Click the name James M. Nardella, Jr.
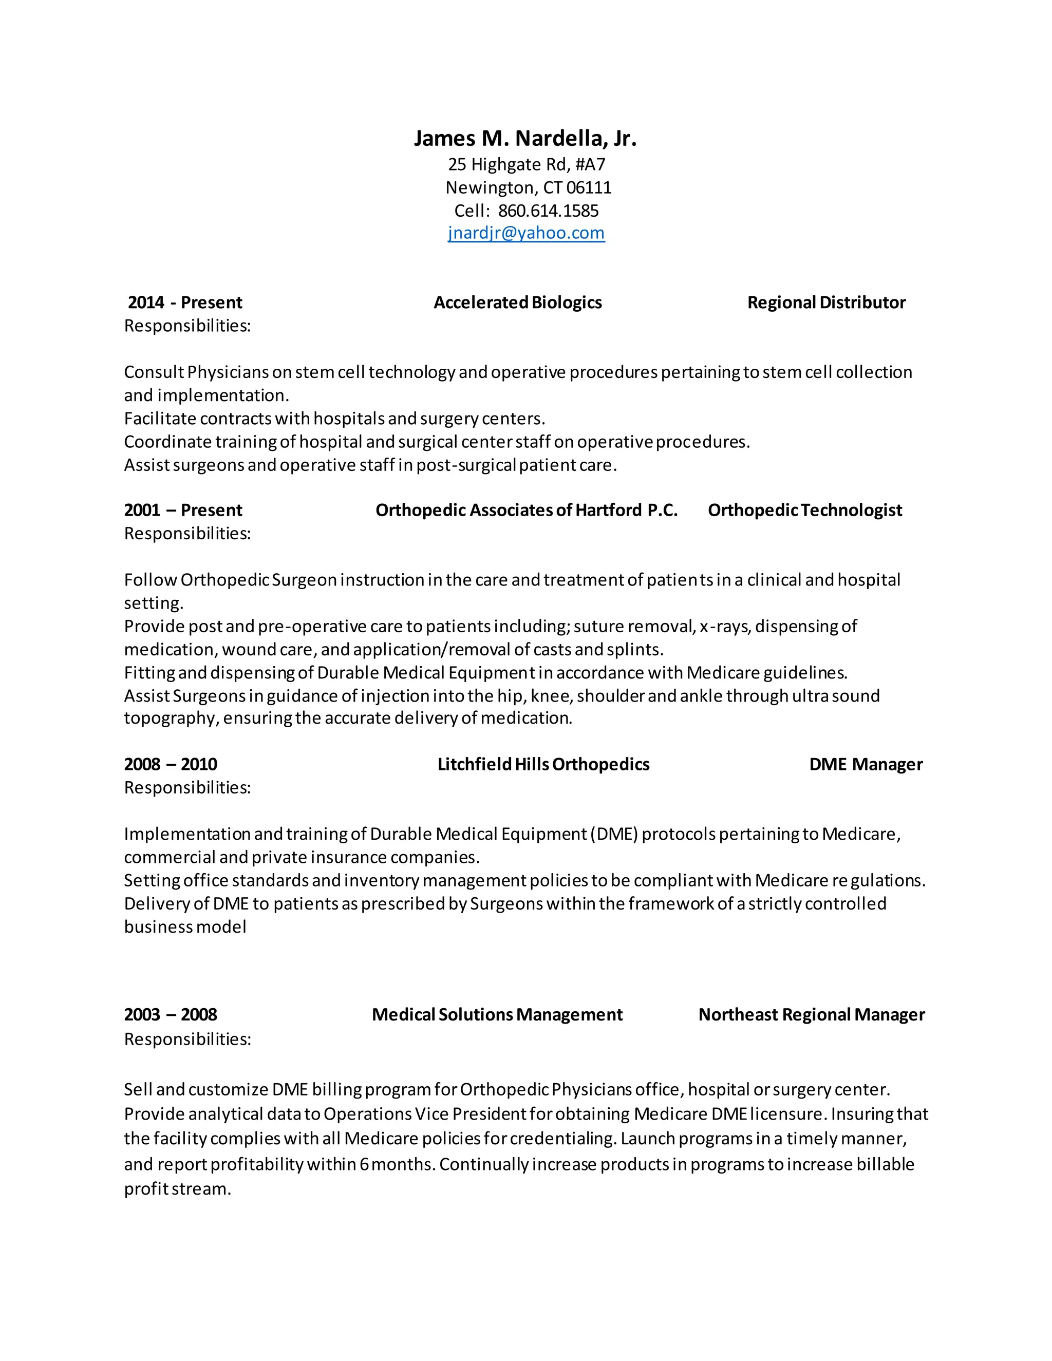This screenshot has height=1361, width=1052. click(x=525, y=138)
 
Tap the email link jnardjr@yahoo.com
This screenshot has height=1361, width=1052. click(x=526, y=233)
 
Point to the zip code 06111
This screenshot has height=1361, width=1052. click(x=589, y=187)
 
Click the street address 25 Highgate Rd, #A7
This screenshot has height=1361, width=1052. click(x=527, y=164)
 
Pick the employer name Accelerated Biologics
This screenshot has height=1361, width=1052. click(x=517, y=303)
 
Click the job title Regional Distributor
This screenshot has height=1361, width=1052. click(x=826, y=303)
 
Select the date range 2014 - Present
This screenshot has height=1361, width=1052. click(x=184, y=303)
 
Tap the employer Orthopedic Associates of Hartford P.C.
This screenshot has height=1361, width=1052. click(x=526, y=511)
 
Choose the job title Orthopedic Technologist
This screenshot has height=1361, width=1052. click(x=804, y=511)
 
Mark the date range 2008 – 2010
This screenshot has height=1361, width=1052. click(x=171, y=765)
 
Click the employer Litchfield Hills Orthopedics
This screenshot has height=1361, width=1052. click(x=543, y=765)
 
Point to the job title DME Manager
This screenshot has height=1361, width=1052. click(x=866, y=765)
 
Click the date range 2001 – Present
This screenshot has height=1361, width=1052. click(x=183, y=511)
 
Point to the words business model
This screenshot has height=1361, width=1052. click(x=185, y=927)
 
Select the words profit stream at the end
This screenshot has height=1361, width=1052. click(x=177, y=1189)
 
